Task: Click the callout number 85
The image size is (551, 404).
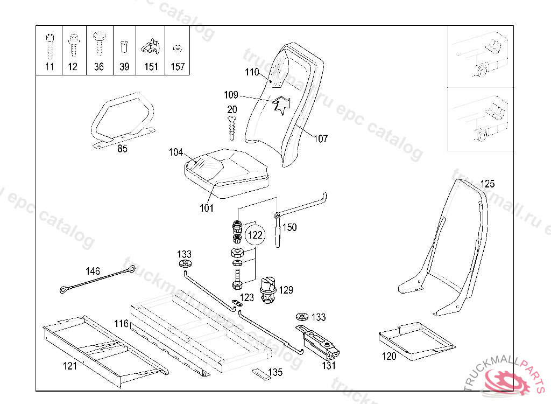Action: pyautogui.click(x=123, y=149)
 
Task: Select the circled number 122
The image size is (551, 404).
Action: pyautogui.click(x=255, y=235)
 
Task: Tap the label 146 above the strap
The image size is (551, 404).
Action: pyautogui.click(x=93, y=271)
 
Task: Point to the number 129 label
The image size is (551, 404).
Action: pyautogui.click(x=286, y=290)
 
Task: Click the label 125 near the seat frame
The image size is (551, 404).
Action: pyautogui.click(x=487, y=184)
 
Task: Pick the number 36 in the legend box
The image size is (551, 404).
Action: pyautogui.click(x=99, y=67)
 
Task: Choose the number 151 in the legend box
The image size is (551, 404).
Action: pyautogui.click(x=151, y=67)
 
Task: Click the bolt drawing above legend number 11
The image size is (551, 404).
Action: pyautogui.click(x=50, y=46)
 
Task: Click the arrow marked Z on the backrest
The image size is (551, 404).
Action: pyautogui.click(x=281, y=103)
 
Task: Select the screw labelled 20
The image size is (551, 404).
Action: pyautogui.click(x=232, y=128)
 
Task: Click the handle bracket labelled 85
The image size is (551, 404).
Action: pyautogui.click(x=122, y=119)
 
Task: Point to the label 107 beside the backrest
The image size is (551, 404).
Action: pyautogui.click(x=321, y=139)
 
